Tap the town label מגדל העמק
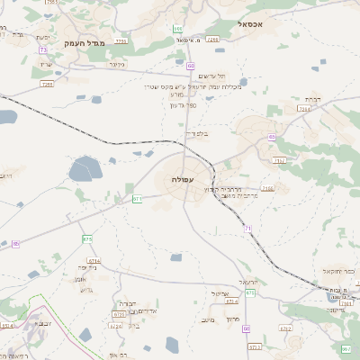click(x=85, y=42)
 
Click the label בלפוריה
click(x=195, y=134)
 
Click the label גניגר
click(x=115, y=65)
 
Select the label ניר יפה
click(x=87, y=267)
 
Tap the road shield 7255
click(x=47, y=84)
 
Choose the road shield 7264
click(x=304, y=109)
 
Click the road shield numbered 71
click(x=247, y=229)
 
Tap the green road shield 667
click(x=346, y=348)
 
